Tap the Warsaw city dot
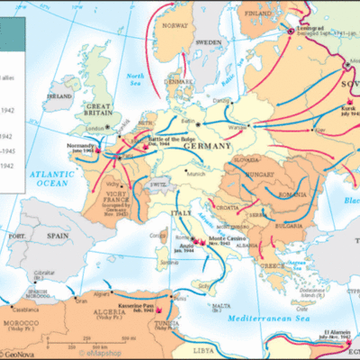pyautogui.click(x=247, y=126)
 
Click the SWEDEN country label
pyautogui.click(x=208, y=42)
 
